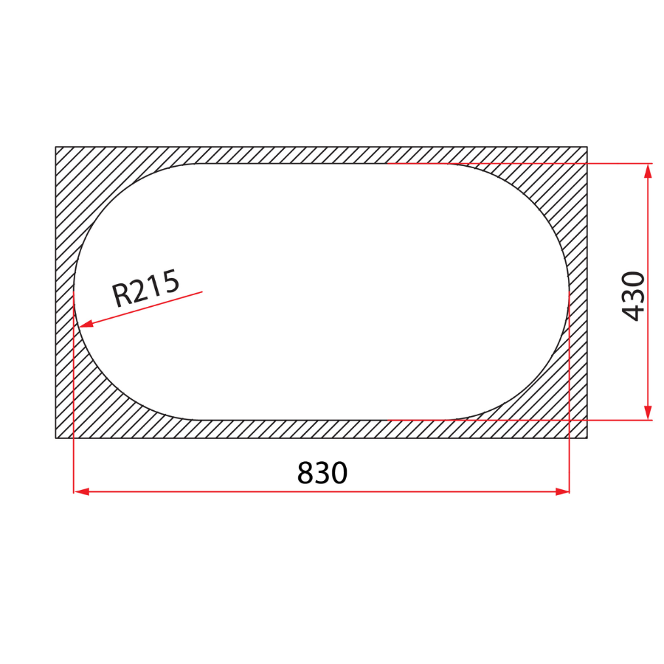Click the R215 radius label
coord(145,288)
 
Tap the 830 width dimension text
coord(322,473)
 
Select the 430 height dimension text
coord(633,296)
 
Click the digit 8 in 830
coord(305,473)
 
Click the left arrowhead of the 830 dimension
coord(80,491)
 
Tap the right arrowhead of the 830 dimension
coord(563,491)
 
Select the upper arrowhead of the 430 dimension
coord(648,170)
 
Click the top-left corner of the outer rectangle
coord(56,147)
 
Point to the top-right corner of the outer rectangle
coord(587,147)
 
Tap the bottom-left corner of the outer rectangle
coord(56,438)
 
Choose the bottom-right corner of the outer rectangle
coord(587,438)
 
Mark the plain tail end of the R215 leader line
coord(201,292)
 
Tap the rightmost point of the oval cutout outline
coord(569,292)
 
